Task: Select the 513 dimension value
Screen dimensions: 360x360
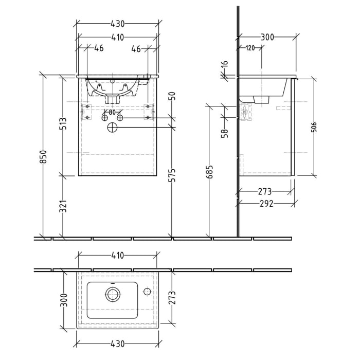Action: pos(63,125)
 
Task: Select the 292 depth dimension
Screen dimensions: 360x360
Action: pos(266,204)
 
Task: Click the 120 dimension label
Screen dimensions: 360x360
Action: pos(250,48)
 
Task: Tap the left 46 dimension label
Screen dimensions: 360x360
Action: pos(99,49)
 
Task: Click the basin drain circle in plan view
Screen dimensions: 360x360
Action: pos(112,294)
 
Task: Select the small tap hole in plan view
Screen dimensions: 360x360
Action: pos(147,292)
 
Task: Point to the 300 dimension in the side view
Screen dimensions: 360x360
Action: pos(267,37)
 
